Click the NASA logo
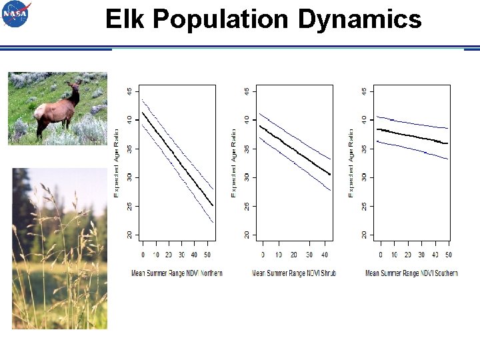click(15, 14)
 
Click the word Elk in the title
click(126, 19)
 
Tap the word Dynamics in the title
click(359, 19)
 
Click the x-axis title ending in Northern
click(177, 273)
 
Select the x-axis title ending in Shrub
click(294, 273)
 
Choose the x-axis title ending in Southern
click(411, 273)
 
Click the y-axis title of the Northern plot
click(117, 163)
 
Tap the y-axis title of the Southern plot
click(351, 163)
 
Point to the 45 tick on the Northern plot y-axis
click(129, 91)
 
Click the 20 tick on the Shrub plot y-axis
click(246, 234)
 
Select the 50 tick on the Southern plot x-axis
click(448, 255)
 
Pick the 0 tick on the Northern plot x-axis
click(143, 255)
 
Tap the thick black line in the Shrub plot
click(294, 149)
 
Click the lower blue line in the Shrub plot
click(294, 164)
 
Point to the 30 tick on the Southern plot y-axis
click(363, 177)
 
